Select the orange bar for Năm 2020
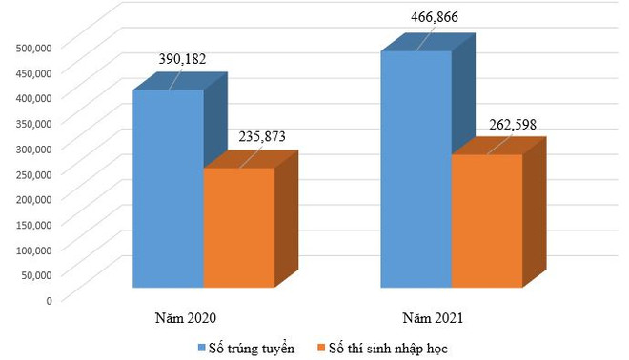point(238,228)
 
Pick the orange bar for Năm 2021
point(486,220)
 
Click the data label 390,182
point(181,59)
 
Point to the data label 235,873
point(259,137)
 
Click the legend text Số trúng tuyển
point(253,348)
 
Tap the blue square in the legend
point(202,348)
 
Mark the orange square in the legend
point(323,348)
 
